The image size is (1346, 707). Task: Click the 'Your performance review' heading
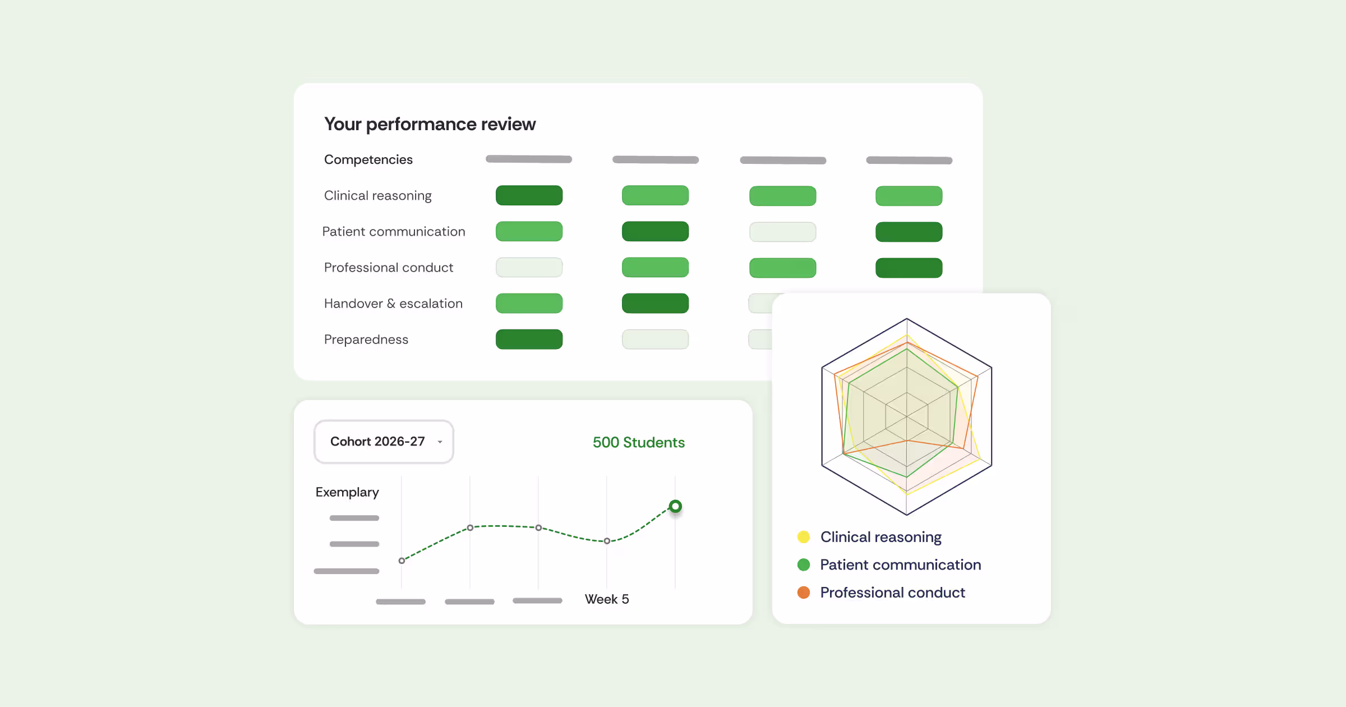[430, 124]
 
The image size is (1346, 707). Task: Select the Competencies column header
[368, 160]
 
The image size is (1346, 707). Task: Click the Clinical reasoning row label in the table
[378, 196]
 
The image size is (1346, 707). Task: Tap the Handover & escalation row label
[393, 304]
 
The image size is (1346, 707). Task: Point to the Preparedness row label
[366, 340]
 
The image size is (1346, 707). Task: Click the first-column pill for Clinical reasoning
[529, 195]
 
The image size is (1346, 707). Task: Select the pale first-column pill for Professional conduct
[529, 267]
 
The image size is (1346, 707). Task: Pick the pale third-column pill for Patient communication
[782, 232]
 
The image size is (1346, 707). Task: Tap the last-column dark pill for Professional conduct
[909, 268]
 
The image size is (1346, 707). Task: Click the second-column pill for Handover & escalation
[655, 303]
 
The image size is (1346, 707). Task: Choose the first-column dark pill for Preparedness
[529, 339]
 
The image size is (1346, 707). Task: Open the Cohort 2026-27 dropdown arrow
[440, 442]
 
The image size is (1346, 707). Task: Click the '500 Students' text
[639, 442]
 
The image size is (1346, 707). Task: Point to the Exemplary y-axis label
[347, 492]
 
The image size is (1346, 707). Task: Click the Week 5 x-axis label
[607, 599]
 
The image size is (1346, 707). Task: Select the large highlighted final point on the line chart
[675, 506]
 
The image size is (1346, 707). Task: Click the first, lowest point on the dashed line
[402, 561]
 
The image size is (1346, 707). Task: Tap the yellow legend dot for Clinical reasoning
[804, 537]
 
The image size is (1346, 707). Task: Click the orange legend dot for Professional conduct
[804, 593]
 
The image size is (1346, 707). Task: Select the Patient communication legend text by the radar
[901, 564]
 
